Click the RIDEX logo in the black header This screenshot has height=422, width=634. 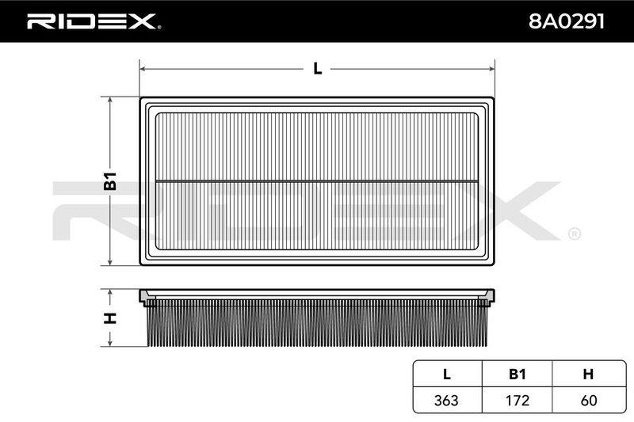(x=94, y=21)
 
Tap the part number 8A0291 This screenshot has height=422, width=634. (x=567, y=21)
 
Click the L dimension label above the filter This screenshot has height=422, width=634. (x=318, y=69)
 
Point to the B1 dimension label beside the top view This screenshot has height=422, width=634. (x=110, y=181)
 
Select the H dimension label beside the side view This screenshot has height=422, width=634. (x=110, y=317)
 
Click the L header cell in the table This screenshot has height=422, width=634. (x=447, y=374)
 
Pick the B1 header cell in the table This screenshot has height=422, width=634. (x=518, y=374)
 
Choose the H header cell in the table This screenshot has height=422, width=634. (x=588, y=374)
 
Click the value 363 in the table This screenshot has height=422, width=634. (x=446, y=400)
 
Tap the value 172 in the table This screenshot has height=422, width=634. (x=518, y=400)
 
